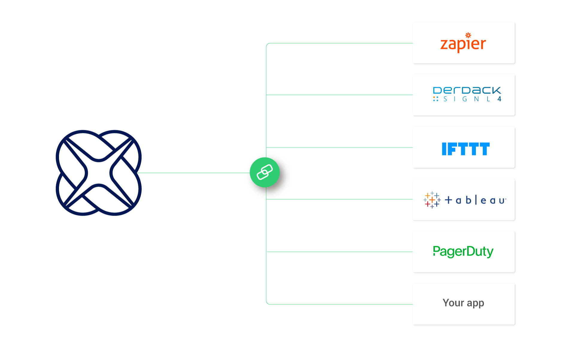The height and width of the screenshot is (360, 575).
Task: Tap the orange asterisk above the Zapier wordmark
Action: click(468, 35)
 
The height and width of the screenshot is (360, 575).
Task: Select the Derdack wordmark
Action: click(467, 90)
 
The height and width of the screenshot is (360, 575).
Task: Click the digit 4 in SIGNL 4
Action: click(499, 99)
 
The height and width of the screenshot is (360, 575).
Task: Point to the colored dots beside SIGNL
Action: click(436, 99)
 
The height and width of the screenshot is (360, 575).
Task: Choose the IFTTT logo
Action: click(465, 149)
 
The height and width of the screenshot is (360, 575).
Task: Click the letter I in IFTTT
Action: click(444, 149)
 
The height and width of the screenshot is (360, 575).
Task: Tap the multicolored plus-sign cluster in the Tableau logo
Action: click(432, 200)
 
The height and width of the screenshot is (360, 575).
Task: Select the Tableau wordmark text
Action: click(475, 200)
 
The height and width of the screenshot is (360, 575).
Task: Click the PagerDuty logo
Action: click(463, 252)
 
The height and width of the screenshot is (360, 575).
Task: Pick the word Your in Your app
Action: click(453, 303)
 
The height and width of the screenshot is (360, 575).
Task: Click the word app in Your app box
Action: click(476, 303)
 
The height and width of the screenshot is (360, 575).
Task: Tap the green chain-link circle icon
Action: click(265, 172)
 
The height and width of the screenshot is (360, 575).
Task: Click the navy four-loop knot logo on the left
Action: click(99, 173)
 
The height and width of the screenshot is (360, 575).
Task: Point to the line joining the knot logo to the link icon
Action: click(192, 173)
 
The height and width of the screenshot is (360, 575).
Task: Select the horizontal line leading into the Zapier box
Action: click(338, 43)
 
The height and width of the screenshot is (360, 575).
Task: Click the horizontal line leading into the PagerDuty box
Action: click(338, 252)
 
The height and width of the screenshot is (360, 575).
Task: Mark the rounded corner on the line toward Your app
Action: click(267, 303)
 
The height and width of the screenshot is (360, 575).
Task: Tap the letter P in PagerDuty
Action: click(436, 251)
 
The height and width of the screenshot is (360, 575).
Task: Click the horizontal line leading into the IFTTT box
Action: click(338, 147)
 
